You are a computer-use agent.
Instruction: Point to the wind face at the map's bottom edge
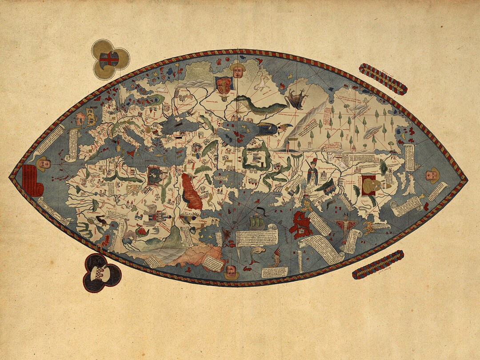[x=231, y=272]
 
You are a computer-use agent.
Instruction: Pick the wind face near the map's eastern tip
[x=432, y=175]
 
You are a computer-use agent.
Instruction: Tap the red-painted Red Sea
[x=191, y=191]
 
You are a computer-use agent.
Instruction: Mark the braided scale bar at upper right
[x=383, y=79]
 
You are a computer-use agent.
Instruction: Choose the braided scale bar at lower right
[x=378, y=264]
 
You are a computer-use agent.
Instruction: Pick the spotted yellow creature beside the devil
[x=368, y=228]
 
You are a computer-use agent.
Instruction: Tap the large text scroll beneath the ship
[x=256, y=238]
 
